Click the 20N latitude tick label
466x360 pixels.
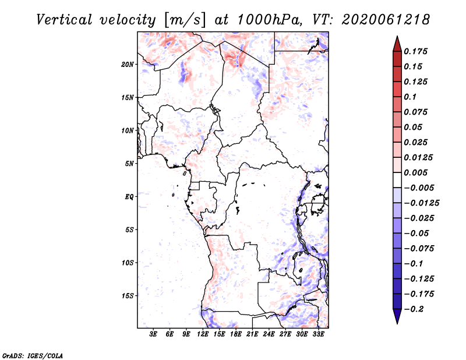[x=128, y=65]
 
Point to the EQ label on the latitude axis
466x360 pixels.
[x=129, y=197]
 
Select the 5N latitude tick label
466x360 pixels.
[x=129, y=164]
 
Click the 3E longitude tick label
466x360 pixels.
[x=153, y=334]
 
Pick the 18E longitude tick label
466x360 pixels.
[x=236, y=334]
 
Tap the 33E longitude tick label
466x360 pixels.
[x=318, y=334]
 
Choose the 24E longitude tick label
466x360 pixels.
[x=269, y=334]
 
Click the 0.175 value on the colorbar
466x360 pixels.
[x=415, y=51]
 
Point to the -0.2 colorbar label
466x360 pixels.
[x=414, y=309]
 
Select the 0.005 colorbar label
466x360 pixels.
[x=415, y=172]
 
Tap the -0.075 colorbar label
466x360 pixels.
[x=419, y=249]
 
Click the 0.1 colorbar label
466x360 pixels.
[x=410, y=97]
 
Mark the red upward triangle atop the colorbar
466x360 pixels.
[x=397, y=44]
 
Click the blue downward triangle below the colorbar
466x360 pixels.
[x=397, y=316]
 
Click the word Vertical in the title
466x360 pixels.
[x=64, y=20]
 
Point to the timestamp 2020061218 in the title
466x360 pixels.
[x=386, y=20]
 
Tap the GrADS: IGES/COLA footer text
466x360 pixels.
[x=33, y=356]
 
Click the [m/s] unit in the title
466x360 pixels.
[x=185, y=20]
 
